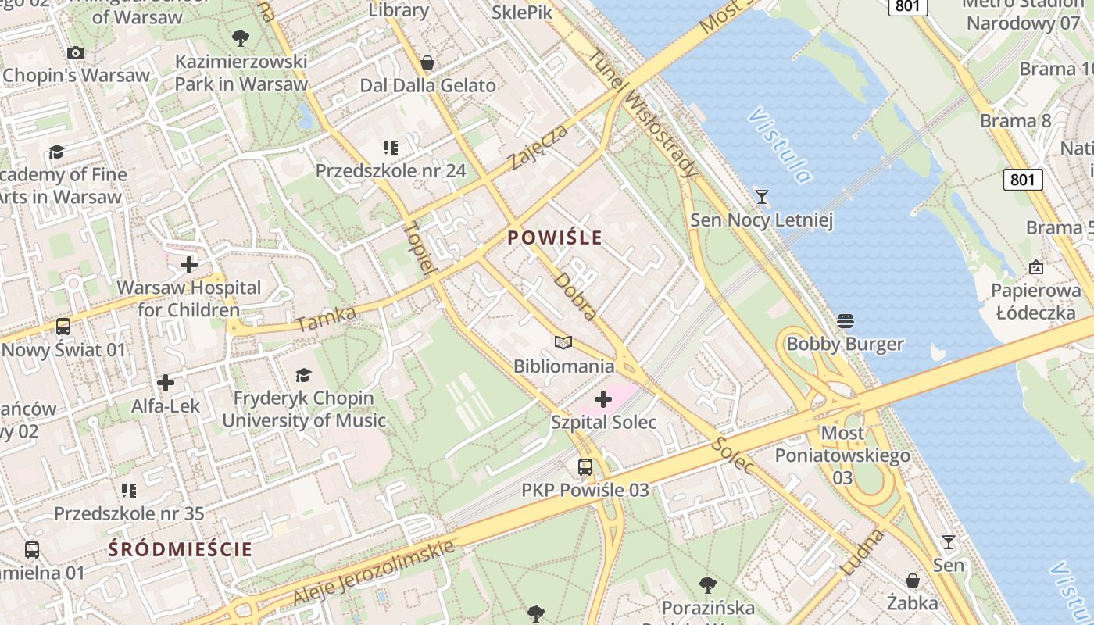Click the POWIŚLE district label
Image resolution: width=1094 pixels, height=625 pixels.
tap(555, 237)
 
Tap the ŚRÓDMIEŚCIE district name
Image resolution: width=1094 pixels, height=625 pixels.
tap(181, 548)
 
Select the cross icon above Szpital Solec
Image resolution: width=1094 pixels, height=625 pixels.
tap(603, 400)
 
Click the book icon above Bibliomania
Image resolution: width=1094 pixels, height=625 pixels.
tap(563, 342)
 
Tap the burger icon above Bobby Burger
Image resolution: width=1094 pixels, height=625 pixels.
tap(845, 320)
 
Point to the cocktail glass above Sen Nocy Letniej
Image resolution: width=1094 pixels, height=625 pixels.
tap(762, 196)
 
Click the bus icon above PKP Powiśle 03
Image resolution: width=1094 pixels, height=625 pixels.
tap(585, 467)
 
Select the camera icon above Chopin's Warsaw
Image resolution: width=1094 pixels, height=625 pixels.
tap(76, 52)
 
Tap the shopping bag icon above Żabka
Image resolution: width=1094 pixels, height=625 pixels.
tap(912, 580)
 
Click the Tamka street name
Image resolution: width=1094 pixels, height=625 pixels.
tap(327, 318)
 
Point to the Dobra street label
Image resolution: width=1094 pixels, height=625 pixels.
tap(576, 296)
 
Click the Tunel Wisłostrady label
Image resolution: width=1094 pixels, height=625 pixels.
tap(641, 112)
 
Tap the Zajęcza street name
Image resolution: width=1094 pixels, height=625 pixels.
tap(538, 146)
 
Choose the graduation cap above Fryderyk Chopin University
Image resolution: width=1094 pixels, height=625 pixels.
tap(303, 376)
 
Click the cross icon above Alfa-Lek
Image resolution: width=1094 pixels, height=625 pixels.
tap(166, 383)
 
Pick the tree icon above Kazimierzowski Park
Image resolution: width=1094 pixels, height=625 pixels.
tap(241, 37)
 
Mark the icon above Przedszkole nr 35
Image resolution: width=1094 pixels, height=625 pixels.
tap(129, 491)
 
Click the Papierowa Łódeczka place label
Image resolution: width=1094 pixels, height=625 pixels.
tap(1035, 302)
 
